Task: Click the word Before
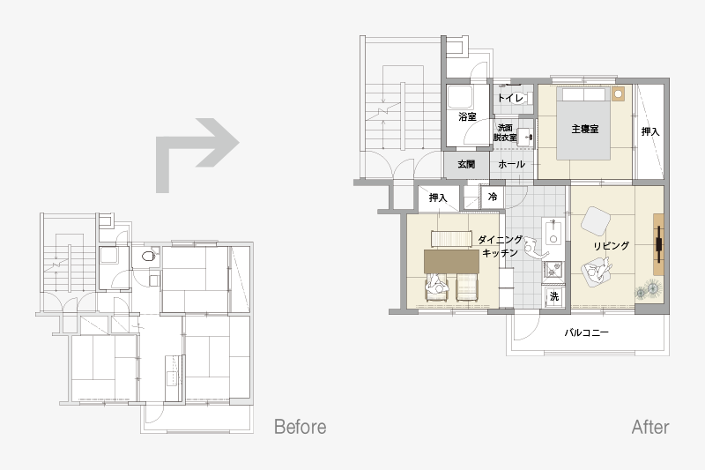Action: [300, 427]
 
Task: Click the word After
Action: [650, 427]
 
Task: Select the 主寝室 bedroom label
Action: [585, 129]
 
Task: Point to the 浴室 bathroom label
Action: [467, 117]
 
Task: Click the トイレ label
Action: [510, 98]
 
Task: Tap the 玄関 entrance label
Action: [466, 164]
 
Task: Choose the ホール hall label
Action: [512, 164]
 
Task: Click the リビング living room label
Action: [611, 246]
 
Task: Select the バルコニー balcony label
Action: [586, 332]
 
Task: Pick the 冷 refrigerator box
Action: [493, 197]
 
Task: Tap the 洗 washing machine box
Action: [554, 297]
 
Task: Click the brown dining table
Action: [451, 262]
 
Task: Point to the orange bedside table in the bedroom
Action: [619, 93]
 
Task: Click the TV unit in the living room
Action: [658, 244]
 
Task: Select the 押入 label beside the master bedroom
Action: [650, 131]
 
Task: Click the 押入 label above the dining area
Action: [438, 198]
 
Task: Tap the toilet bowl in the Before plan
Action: [148, 257]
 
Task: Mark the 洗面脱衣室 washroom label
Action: [505, 132]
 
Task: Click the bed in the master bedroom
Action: [583, 123]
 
